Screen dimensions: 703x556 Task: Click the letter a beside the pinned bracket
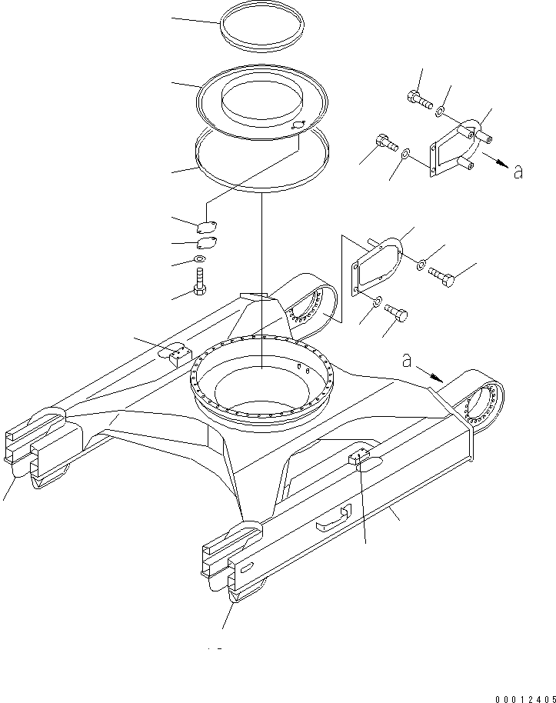pyautogui.click(x=518, y=172)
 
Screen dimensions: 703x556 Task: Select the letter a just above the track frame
pyautogui.click(x=407, y=360)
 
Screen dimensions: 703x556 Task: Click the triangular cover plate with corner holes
pyautogui.click(x=372, y=266)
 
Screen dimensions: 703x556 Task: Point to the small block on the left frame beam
pyautogui.click(x=178, y=354)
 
